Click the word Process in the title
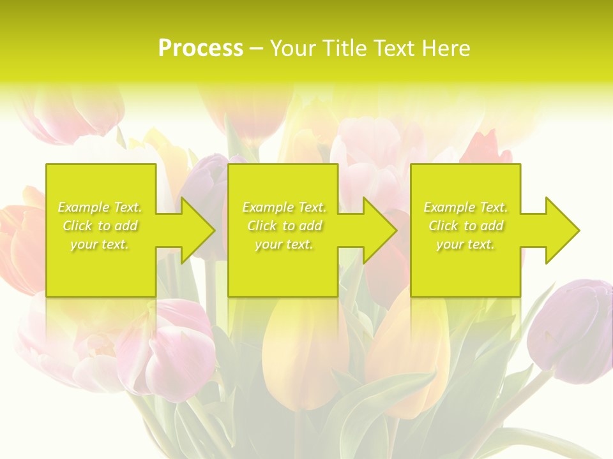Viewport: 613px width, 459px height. (x=201, y=48)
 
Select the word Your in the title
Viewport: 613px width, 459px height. (x=293, y=48)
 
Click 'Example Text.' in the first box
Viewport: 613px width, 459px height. (x=100, y=207)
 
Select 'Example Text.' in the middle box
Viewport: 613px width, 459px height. (x=284, y=207)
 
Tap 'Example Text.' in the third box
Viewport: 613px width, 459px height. (x=465, y=207)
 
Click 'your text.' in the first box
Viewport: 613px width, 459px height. (x=100, y=244)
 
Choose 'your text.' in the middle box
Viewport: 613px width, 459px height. (x=284, y=244)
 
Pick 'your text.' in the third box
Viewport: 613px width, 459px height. (x=465, y=244)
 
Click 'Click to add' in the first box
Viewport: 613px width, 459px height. (x=100, y=226)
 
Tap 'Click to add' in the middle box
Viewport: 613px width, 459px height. (x=284, y=226)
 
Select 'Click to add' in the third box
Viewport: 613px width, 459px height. (x=465, y=226)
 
